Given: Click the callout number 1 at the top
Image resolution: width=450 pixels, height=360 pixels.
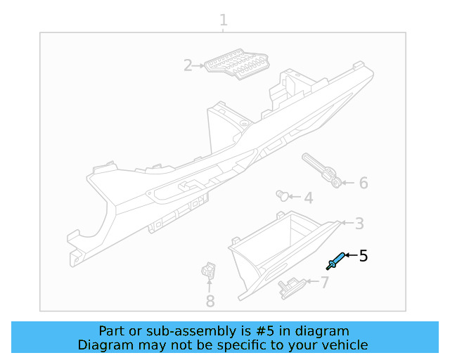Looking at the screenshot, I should (x=224, y=20).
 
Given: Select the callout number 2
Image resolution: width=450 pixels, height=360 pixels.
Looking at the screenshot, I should (x=188, y=66).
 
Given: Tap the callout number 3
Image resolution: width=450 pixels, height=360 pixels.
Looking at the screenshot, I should (x=359, y=224).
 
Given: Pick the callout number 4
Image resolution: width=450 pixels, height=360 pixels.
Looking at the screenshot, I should (x=308, y=198).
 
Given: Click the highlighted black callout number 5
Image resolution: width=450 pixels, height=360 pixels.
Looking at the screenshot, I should (x=363, y=256).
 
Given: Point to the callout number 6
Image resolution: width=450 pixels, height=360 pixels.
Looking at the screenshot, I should (x=363, y=184).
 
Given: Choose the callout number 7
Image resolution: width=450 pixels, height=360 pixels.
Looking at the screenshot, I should (x=324, y=283).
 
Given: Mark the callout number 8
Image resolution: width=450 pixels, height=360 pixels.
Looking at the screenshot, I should (x=210, y=302).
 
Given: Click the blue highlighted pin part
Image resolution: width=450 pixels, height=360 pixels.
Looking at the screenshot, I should (x=335, y=262).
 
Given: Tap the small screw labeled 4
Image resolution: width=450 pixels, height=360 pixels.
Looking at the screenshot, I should (x=283, y=195).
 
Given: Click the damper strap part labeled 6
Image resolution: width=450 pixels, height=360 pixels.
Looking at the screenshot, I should (x=322, y=170).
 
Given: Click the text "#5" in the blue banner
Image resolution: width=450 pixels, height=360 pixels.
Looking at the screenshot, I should (x=266, y=331).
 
